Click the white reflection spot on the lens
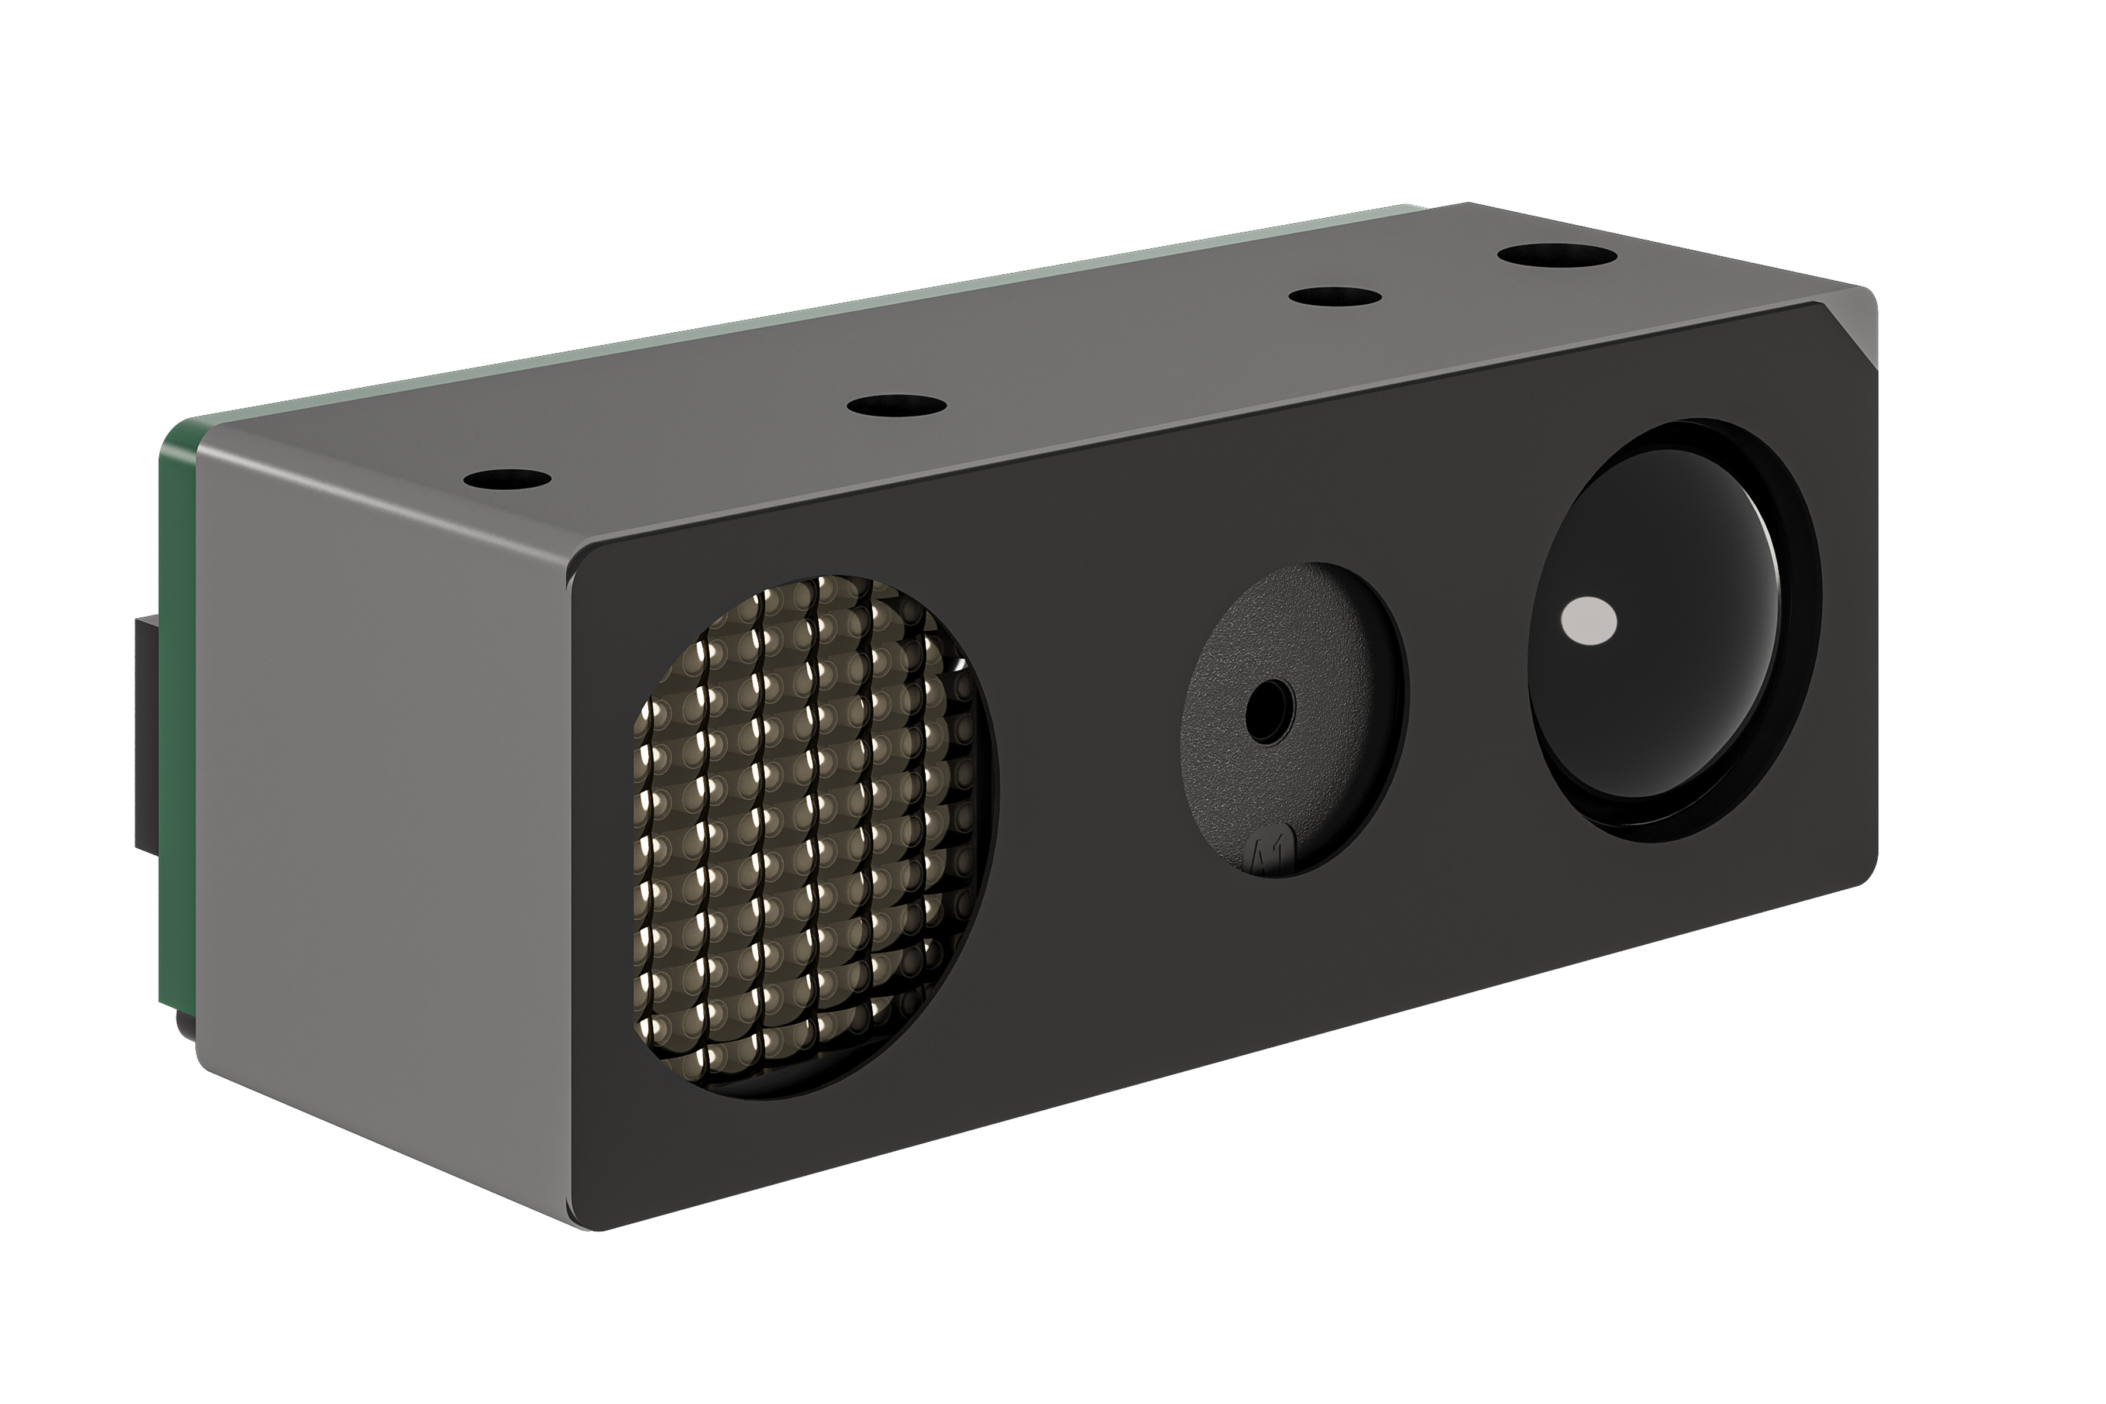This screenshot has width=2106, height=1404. click(1588, 621)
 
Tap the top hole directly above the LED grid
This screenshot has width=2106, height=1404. click(896, 405)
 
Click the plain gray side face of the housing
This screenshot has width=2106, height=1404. click(376, 806)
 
